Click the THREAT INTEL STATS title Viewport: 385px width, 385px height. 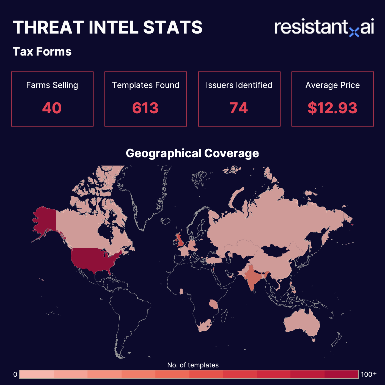[108, 27]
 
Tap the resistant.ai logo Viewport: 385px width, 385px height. [324, 28]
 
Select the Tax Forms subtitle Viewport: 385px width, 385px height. [42, 51]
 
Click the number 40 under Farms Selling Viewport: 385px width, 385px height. [52, 108]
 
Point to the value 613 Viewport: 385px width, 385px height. [145, 108]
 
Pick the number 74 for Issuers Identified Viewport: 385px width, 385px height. [239, 108]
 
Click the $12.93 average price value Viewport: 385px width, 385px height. [332, 108]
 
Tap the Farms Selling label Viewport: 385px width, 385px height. [52, 85]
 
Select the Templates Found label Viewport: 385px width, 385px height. [145, 85]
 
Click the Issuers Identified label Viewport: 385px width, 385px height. [239, 85]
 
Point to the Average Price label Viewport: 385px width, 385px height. [332, 85]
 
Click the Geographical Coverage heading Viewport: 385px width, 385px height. [192, 153]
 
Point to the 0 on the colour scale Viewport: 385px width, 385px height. [15, 374]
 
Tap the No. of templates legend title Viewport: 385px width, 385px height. [193, 365]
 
